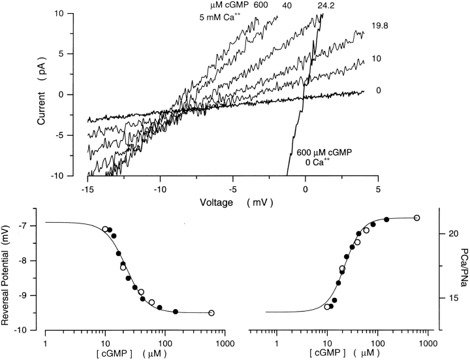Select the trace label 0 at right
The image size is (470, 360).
coord(379,91)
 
